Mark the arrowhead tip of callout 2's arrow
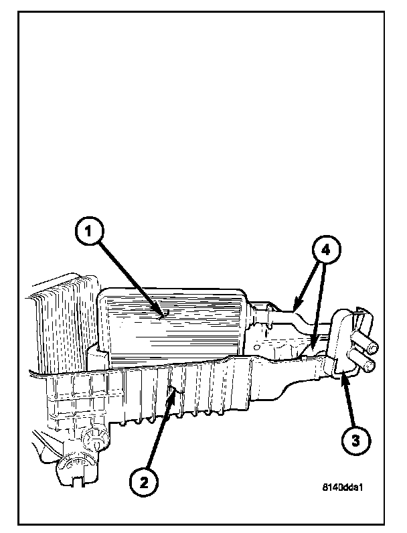pos(173,388)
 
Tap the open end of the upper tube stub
pos(373,347)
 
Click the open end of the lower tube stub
pos(373,366)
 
